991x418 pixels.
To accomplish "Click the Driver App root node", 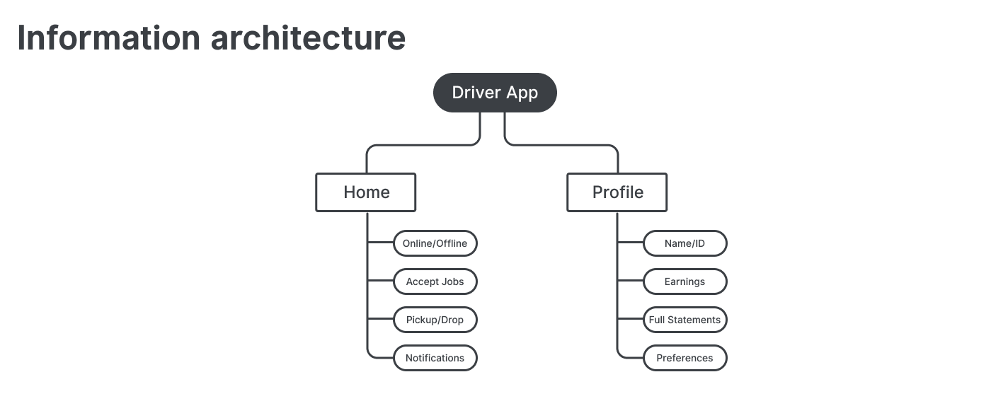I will click(495, 93).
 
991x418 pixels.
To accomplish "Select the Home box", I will click(365, 192).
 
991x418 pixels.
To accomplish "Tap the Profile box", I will click(617, 192).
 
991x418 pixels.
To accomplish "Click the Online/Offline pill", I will click(435, 243).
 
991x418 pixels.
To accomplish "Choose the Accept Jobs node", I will click(435, 281).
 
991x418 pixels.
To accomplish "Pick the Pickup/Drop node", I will click(435, 320).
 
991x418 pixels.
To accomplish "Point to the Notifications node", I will click(435, 358).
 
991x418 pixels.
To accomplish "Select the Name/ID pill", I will click(684, 243).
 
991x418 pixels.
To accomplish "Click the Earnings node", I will click(684, 281).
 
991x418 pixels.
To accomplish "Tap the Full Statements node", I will click(684, 320).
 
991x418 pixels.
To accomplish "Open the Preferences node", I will click(684, 358).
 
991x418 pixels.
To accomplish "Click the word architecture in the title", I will click(308, 37).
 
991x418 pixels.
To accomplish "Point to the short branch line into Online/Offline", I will click(380, 243).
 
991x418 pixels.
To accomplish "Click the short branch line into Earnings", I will click(630, 281).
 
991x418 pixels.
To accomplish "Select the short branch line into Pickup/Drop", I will click(380, 320).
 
